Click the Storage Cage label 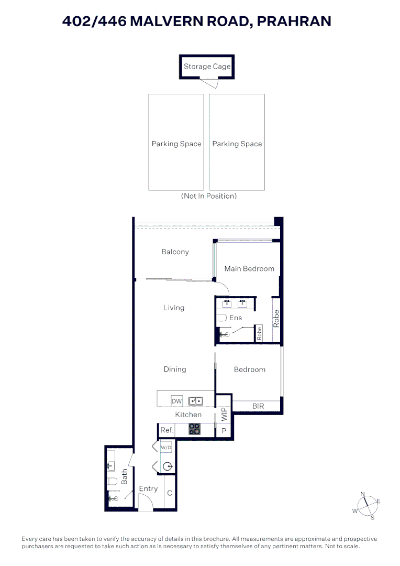[207, 67]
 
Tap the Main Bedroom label [249, 268]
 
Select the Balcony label [175, 252]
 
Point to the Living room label [174, 308]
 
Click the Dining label [175, 369]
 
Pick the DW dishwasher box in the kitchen [177, 401]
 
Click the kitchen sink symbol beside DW [196, 401]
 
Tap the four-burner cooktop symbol [194, 429]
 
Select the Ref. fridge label [167, 430]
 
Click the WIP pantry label [224, 414]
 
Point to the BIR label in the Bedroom [258, 406]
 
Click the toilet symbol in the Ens [221, 318]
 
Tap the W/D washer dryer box [166, 448]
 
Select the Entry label [148, 489]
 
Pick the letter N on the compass [362, 494]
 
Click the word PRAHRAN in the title [294, 21]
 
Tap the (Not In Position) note [209, 196]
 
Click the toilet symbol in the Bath [113, 481]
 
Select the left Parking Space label [176, 144]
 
